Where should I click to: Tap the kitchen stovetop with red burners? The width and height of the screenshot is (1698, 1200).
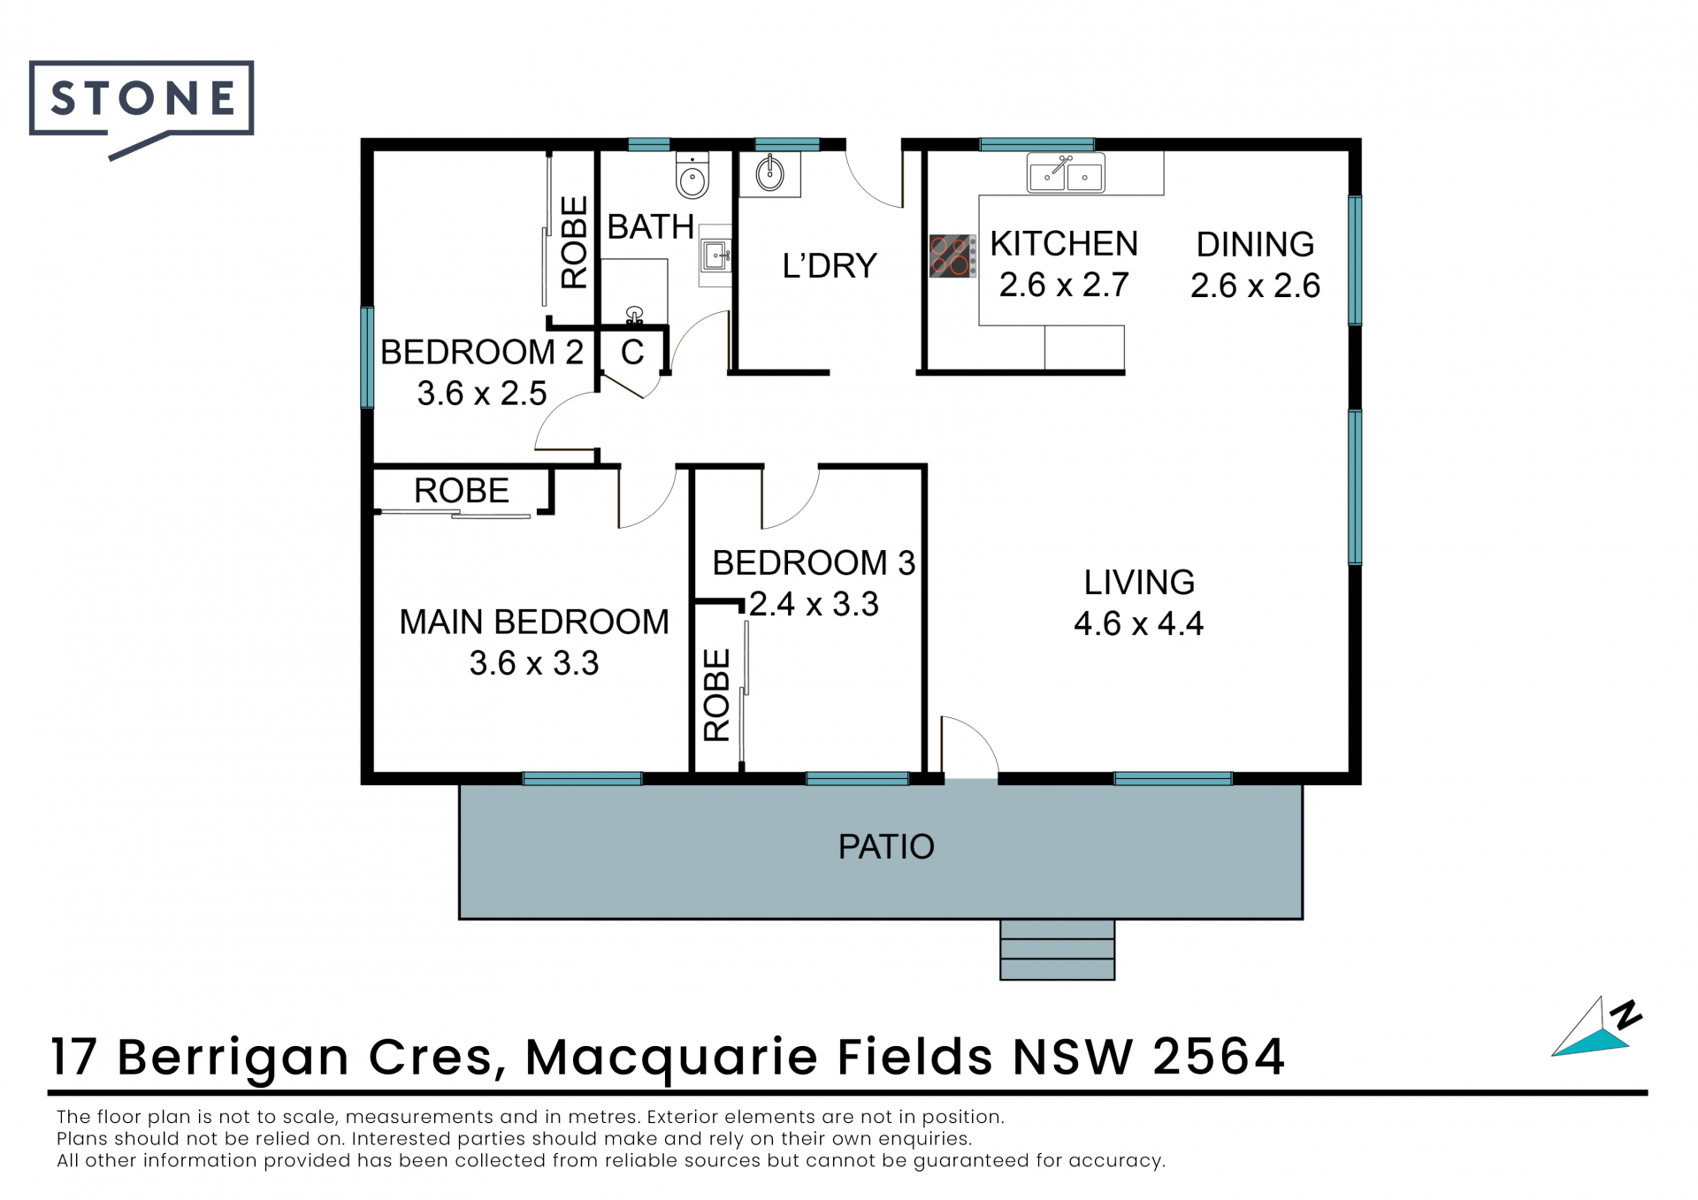(952, 256)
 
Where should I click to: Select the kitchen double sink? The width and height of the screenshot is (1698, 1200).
(1066, 173)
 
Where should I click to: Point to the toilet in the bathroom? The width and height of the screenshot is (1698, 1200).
(692, 174)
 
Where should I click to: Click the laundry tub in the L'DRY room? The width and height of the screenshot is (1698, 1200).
(769, 173)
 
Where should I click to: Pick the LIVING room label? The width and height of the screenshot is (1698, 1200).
(1139, 582)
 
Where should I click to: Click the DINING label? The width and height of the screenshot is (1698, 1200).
(1255, 244)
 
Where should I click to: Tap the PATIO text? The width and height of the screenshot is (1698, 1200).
(886, 846)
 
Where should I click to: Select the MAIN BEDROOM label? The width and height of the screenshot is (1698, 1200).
(534, 622)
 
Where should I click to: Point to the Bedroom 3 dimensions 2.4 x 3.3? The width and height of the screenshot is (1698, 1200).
(814, 604)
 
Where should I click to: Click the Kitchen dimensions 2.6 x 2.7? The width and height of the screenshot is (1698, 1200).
(1064, 285)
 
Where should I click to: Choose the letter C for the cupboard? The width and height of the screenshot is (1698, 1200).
(632, 352)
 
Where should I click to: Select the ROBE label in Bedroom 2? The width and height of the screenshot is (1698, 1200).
(574, 242)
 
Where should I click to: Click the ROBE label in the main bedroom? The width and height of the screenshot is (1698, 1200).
(462, 491)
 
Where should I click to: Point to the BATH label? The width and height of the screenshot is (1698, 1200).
(651, 227)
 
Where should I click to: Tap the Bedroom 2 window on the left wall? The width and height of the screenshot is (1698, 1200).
(367, 357)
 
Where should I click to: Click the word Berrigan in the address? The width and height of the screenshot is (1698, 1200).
(233, 1058)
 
